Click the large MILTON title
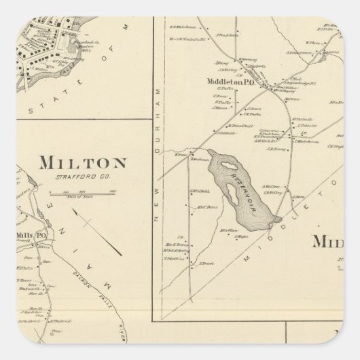(x=84, y=163)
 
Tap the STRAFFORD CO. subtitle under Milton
(x=84, y=178)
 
